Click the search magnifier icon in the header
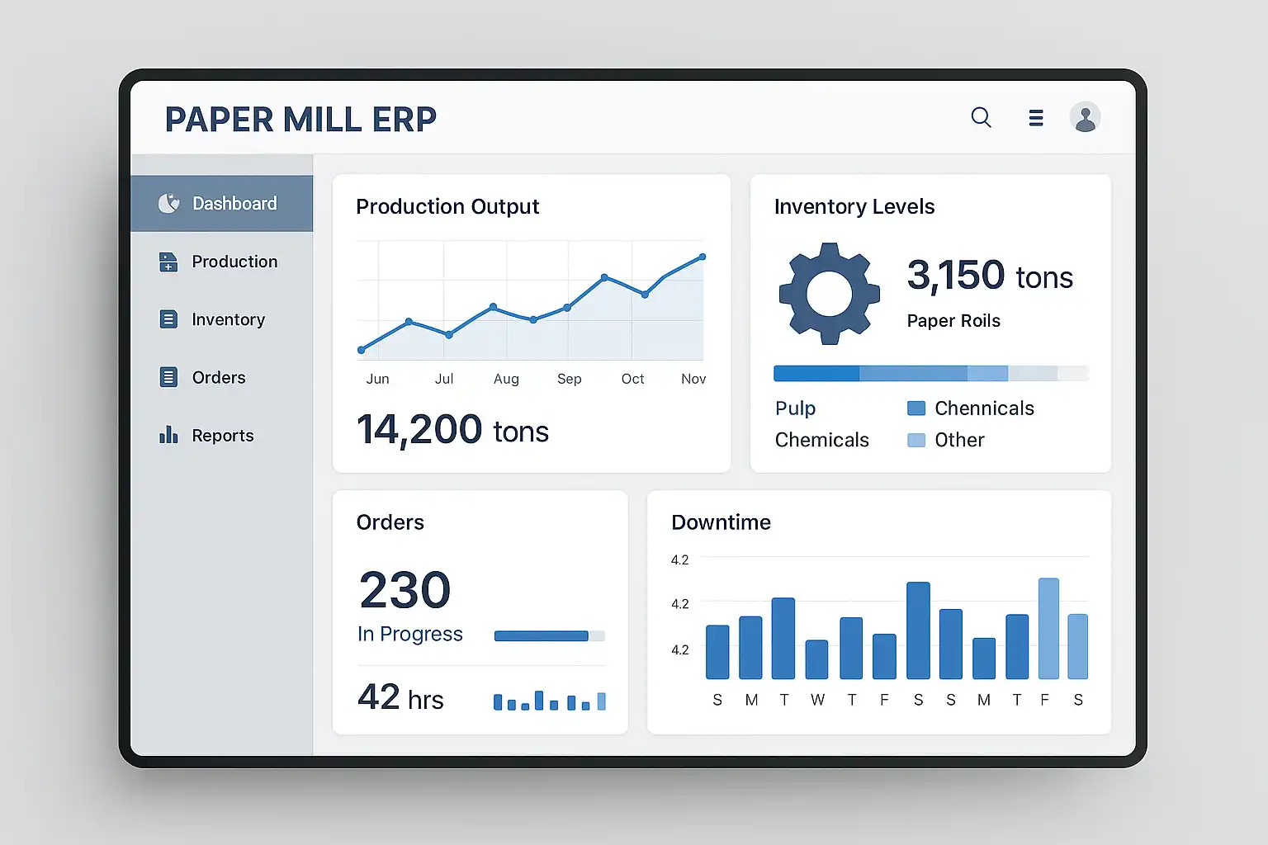pyautogui.click(x=981, y=117)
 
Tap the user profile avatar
pyautogui.click(x=1085, y=117)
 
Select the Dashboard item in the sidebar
pyautogui.click(x=221, y=203)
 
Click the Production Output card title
pyautogui.click(x=447, y=206)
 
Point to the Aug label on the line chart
pyautogui.click(x=506, y=379)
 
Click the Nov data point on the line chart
pyautogui.click(x=703, y=257)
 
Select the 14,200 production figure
pyautogui.click(x=419, y=430)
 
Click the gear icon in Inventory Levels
pyautogui.click(x=829, y=293)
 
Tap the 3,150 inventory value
pyautogui.click(x=956, y=275)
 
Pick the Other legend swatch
pyautogui.click(x=916, y=440)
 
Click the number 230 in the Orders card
pyautogui.click(x=405, y=590)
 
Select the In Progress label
pyautogui.click(x=409, y=634)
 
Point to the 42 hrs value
pyautogui.click(x=400, y=698)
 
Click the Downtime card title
pyautogui.click(x=721, y=522)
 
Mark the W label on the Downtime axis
pyautogui.click(x=817, y=700)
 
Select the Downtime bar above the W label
pyautogui.click(x=816, y=659)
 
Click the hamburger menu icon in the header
pyautogui.click(x=1036, y=118)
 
